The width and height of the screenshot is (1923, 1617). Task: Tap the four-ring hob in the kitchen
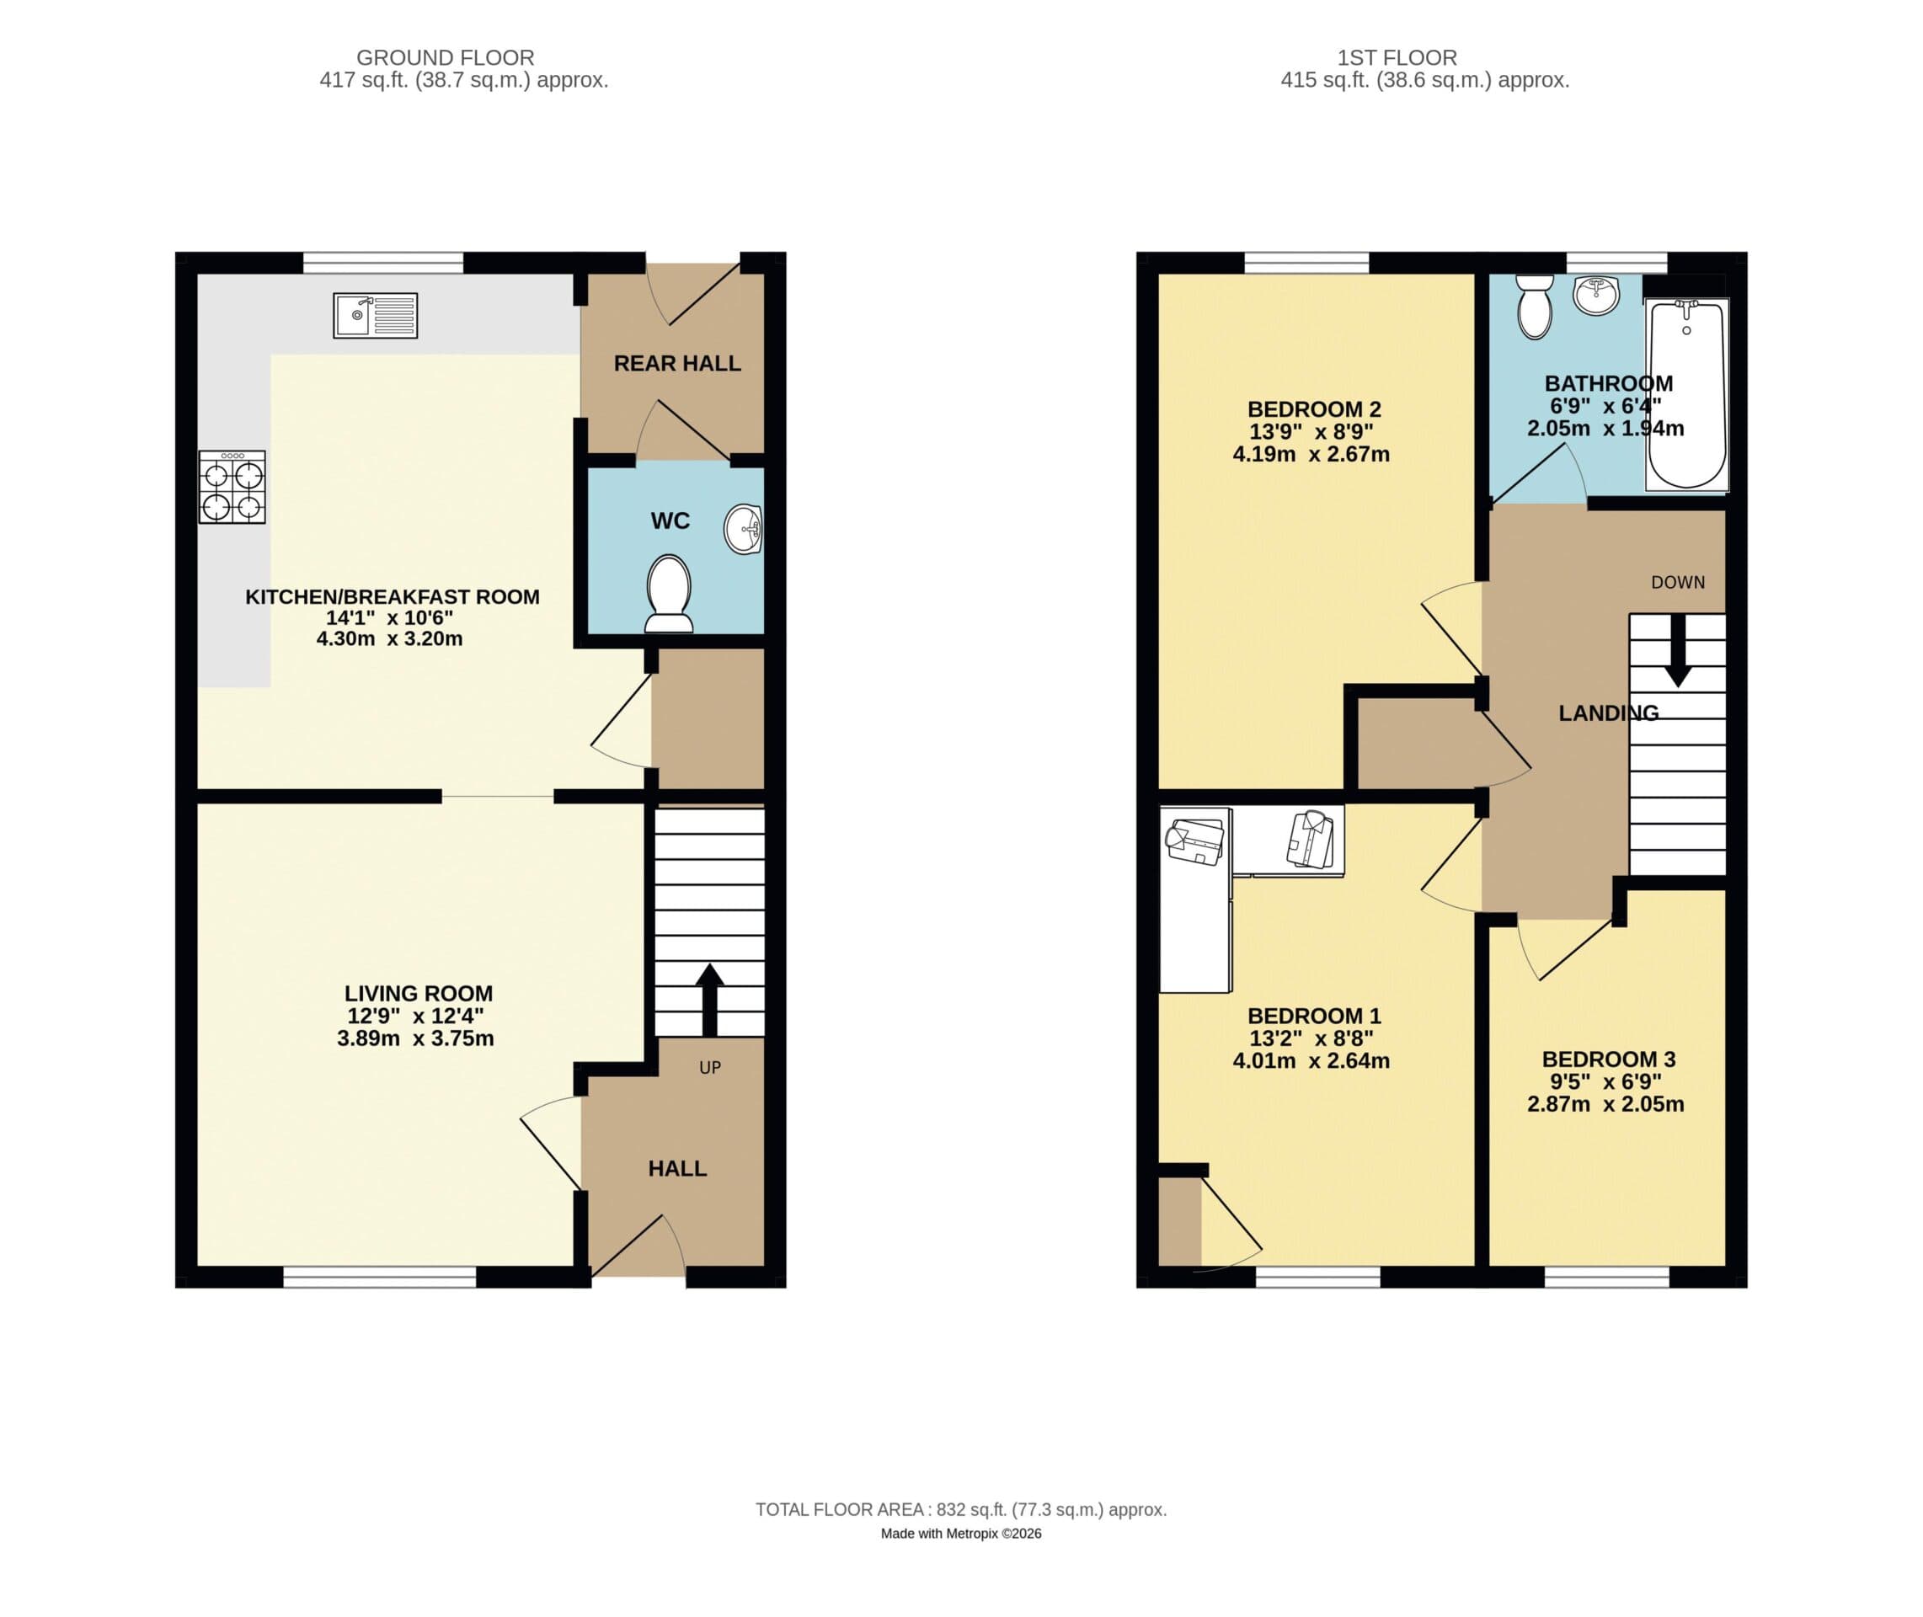[232, 488]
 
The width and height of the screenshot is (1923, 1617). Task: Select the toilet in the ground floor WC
[669, 594]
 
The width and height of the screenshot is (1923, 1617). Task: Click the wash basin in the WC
[744, 529]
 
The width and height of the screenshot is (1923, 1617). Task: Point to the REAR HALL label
[676, 363]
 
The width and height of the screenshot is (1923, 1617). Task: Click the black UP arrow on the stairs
[709, 998]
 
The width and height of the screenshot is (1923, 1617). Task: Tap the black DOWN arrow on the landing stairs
[1677, 650]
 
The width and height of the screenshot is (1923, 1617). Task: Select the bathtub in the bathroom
[1686, 394]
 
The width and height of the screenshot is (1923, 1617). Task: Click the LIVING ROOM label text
[418, 993]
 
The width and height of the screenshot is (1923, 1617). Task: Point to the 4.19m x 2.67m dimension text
[1311, 454]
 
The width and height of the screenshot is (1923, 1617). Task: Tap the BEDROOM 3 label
[1609, 1059]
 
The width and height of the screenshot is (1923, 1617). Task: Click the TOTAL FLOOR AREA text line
[960, 1509]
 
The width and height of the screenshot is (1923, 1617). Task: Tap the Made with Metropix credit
[960, 1534]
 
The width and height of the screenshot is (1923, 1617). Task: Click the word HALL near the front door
[676, 1168]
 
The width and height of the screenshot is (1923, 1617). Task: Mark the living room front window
[380, 1276]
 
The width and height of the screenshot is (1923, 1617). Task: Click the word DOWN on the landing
[1677, 582]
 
